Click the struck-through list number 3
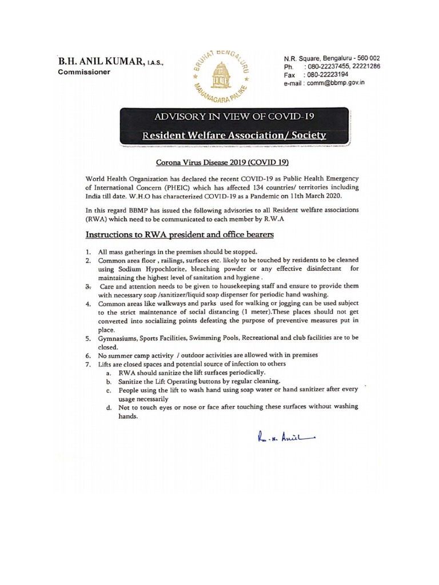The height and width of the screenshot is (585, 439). (x=87, y=285)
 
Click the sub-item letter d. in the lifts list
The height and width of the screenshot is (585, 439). (x=109, y=407)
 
